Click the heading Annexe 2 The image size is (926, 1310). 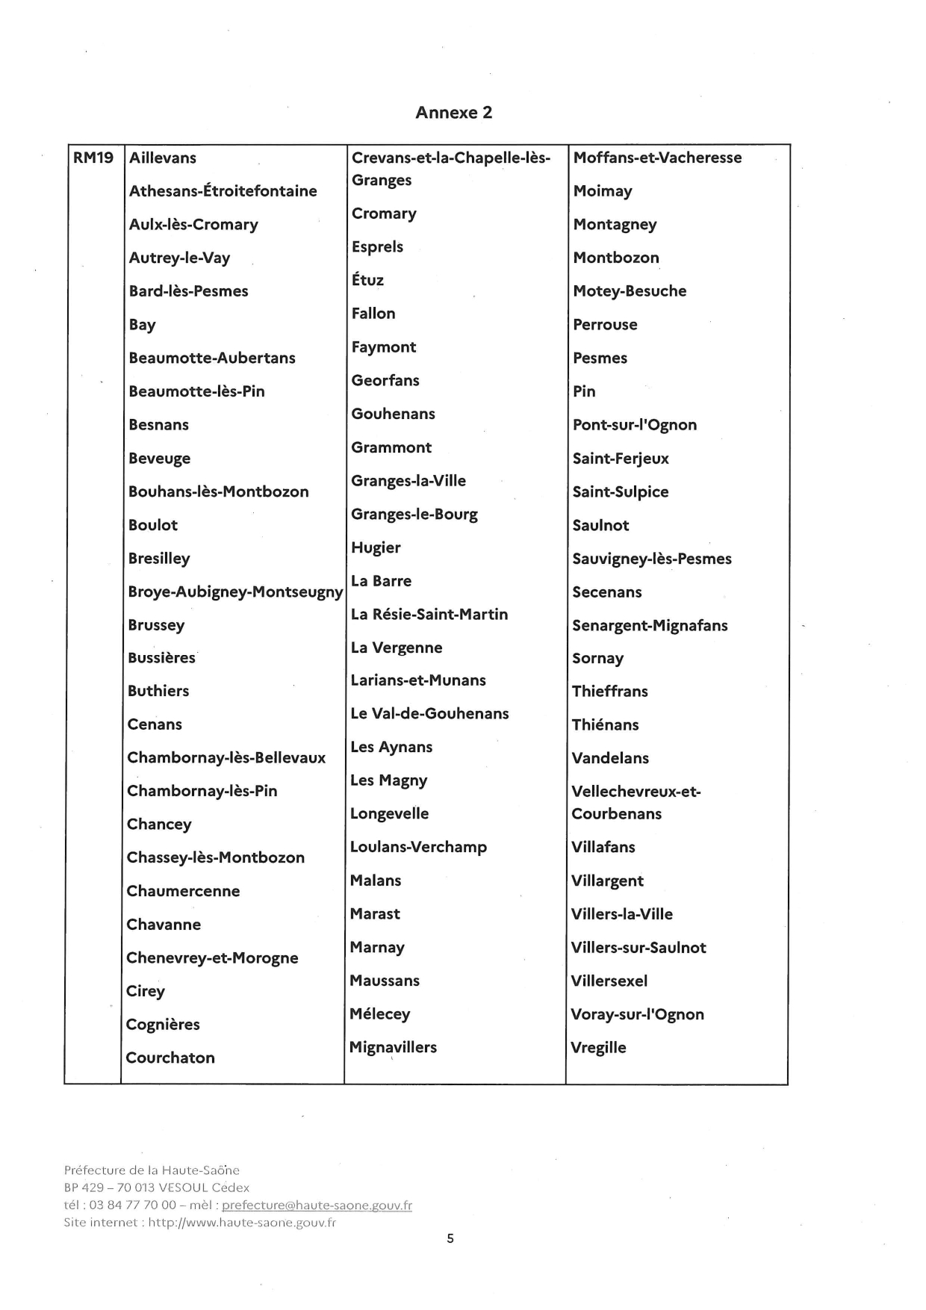[453, 113]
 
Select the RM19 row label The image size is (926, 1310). [93, 158]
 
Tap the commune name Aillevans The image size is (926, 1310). [163, 158]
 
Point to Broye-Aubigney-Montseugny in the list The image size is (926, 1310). [235, 592]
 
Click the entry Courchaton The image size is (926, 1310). [170, 1058]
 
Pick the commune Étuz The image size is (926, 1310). [367, 279]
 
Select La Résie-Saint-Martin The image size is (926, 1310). [429, 614]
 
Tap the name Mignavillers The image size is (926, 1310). [393, 1047]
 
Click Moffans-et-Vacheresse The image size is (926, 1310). [657, 158]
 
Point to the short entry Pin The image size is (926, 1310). [584, 391]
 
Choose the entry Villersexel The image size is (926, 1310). [609, 981]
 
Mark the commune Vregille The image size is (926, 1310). [598, 1047]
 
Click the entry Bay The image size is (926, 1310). [142, 325]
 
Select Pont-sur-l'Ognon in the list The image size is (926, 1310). [635, 425]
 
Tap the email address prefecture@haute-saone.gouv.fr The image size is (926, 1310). [317, 1205]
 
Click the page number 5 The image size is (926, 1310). [450, 1238]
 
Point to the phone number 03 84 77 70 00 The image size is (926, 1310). [132, 1205]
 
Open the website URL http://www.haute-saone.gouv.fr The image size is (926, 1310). [242, 1223]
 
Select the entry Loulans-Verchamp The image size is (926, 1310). [418, 847]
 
